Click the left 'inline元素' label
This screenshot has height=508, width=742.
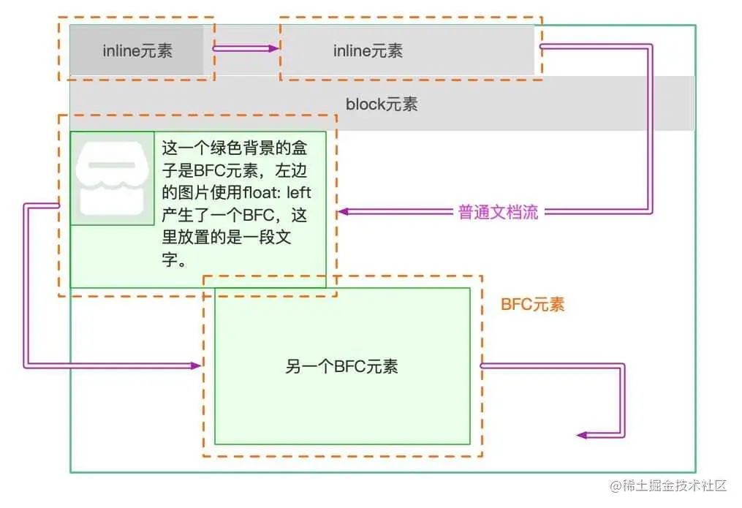(137, 51)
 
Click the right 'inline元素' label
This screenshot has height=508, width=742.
(368, 51)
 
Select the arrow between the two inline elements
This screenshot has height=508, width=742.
(246, 49)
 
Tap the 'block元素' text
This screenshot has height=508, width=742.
(382, 104)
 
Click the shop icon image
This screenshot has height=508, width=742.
(112, 178)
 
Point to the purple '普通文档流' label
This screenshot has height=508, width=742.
(498, 213)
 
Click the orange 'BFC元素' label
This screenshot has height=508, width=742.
(532, 305)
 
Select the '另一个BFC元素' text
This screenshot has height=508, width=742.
(341, 366)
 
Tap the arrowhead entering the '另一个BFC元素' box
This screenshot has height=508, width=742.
(195, 365)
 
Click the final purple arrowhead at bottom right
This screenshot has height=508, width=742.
(582, 435)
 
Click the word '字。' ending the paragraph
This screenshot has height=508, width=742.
(174, 261)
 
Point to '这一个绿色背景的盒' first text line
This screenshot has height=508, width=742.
(234, 148)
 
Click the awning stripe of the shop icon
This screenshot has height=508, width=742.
(112, 165)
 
